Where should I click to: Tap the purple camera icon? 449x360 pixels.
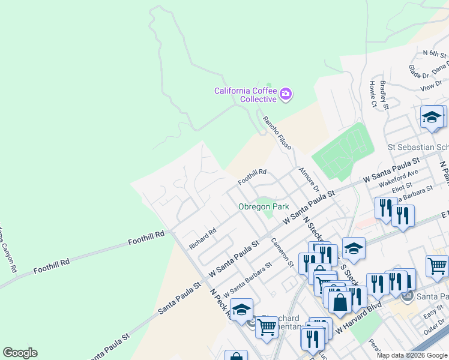point(286,93)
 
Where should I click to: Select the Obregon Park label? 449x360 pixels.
point(264,206)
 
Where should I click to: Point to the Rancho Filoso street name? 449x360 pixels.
point(277,133)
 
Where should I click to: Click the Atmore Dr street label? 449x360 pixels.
point(307,179)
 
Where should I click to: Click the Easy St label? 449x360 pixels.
point(433,316)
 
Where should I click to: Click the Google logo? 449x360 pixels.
point(20,353)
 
